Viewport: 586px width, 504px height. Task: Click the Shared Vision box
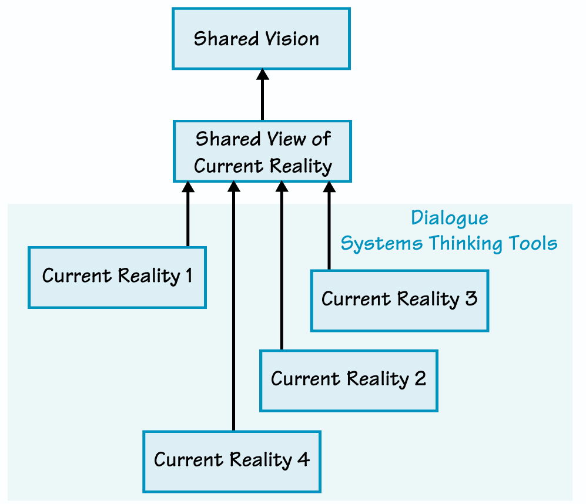click(x=261, y=39)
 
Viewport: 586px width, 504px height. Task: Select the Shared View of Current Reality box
click(x=262, y=152)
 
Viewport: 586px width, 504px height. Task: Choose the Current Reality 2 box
click(x=349, y=380)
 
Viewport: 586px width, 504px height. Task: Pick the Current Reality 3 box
click(x=399, y=300)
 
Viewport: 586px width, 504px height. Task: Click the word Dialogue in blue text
click(x=449, y=218)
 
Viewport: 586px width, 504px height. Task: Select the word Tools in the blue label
click(x=534, y=243)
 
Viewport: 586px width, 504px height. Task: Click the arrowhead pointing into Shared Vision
click(x=263, y=75)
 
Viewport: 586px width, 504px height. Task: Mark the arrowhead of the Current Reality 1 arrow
click(x=187, y=187)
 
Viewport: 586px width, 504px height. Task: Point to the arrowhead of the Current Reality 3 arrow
click(x=329, y=187)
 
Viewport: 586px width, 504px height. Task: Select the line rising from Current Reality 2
click(x=281, y=270)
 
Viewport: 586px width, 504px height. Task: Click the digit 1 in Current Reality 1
click(x=189, y=275)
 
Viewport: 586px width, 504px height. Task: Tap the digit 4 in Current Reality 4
click(x=304, y=459)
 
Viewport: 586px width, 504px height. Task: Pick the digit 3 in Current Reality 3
click(x=471, y=298)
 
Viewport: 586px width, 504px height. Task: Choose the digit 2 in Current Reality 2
click(x=420, y=379)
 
